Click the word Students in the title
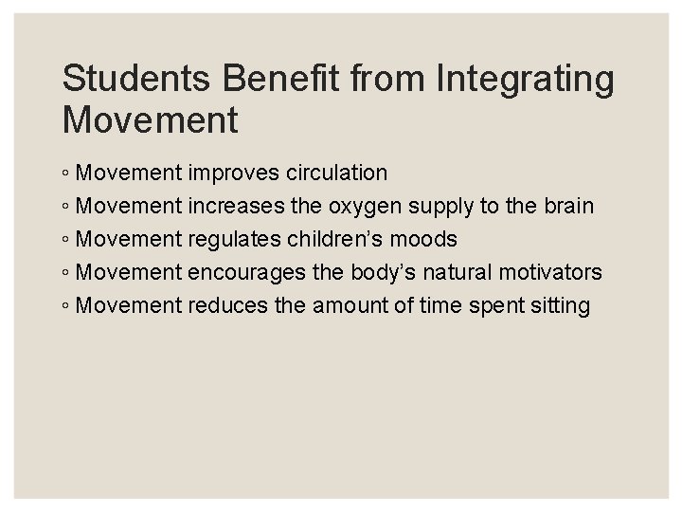pos(127,80)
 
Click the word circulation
pos(335,174)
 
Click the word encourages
pos(249,273)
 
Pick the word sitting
pos(559,306)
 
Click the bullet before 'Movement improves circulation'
pos(65,174)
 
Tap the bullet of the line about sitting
pos(65,307)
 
